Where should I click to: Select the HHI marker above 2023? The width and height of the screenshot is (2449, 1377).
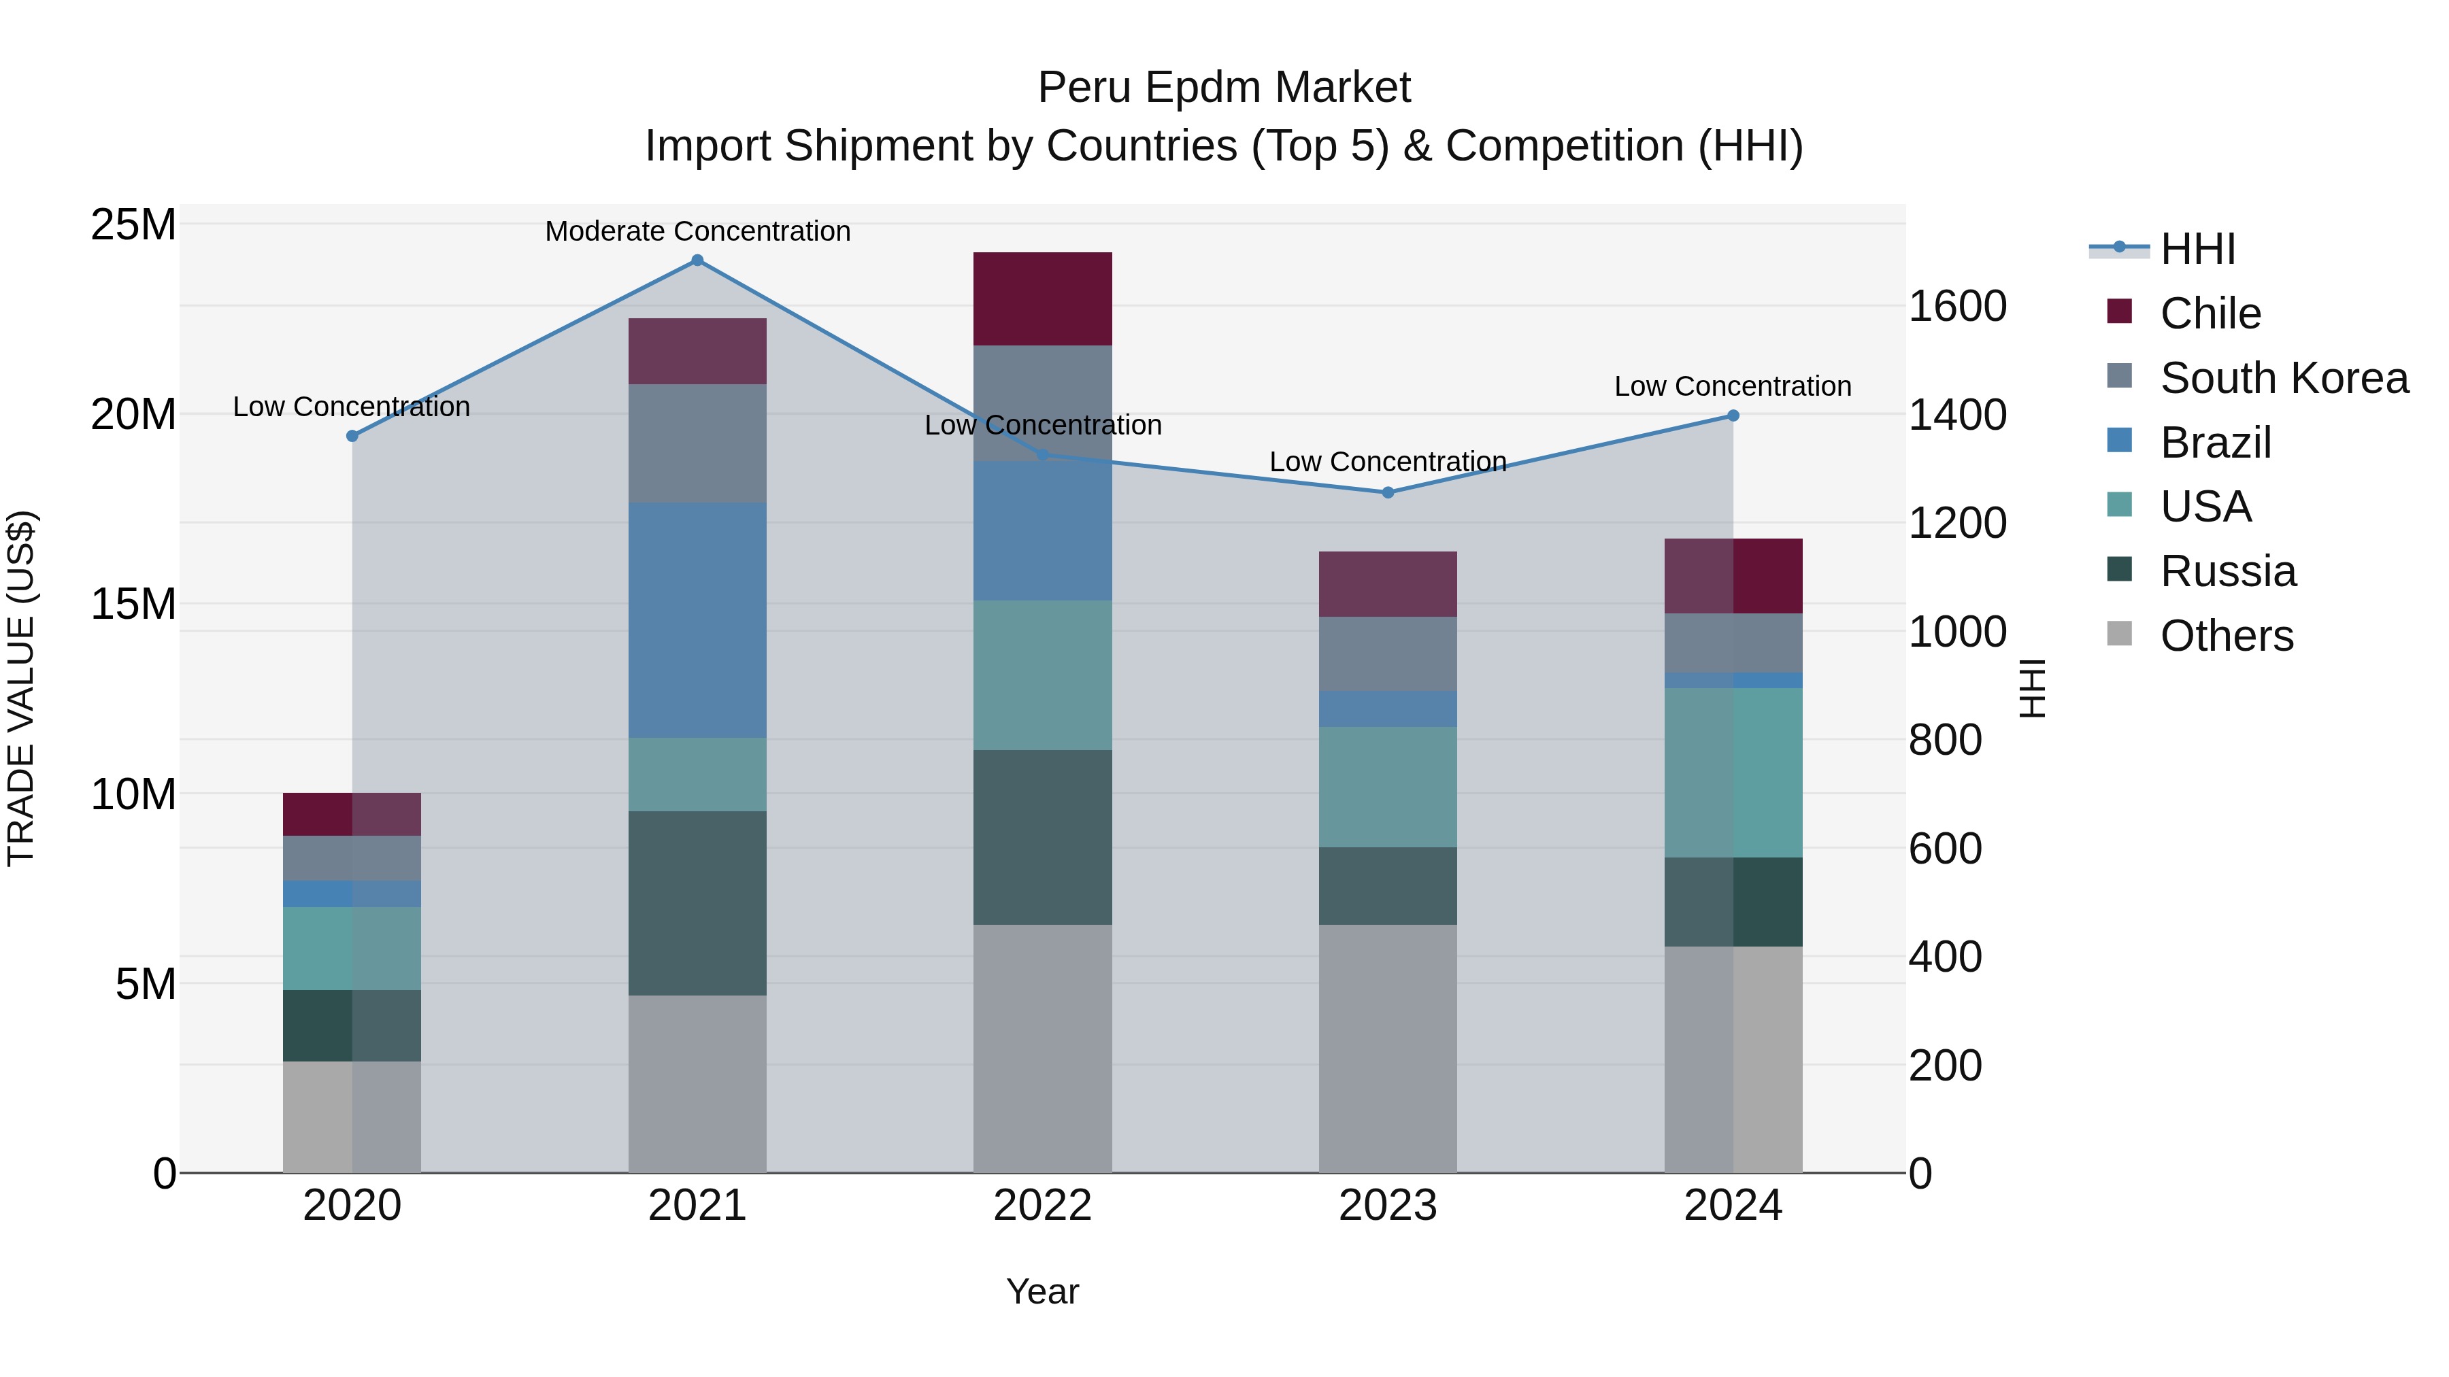(1387, 492)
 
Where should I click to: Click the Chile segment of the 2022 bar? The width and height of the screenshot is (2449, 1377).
(1042, 299)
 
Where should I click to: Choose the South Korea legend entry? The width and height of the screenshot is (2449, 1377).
(2284, 378)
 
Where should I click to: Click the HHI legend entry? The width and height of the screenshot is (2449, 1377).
(2197, 249)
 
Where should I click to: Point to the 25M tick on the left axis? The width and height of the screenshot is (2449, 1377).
(133, 225)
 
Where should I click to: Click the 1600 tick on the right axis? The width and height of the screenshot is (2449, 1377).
(1957, 306)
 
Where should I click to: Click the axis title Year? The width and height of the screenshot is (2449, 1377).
(1042, 1291)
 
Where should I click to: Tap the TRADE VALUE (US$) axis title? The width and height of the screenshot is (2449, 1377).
(21, 688)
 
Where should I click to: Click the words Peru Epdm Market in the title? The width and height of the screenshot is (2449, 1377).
(1224, 88)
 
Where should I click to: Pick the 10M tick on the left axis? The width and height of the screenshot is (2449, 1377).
(133, 794)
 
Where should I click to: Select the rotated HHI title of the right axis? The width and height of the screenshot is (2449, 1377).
(2031, 688)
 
